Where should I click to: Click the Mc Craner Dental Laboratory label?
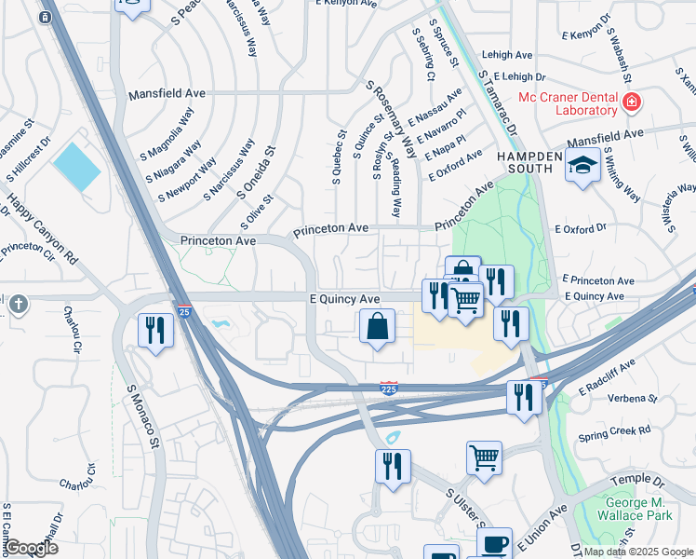click(x=568, y=102)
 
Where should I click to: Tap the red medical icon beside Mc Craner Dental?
click(x=633, y=102)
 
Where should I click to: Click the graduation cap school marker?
click(x=582, y=167)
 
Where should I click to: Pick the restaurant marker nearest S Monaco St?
click(x=154, y=330)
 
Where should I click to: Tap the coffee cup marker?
click(x=496, y=542)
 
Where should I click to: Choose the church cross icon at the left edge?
click(x=17, y=304)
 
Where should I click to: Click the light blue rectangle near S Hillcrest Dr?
click(x=76, y=167)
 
